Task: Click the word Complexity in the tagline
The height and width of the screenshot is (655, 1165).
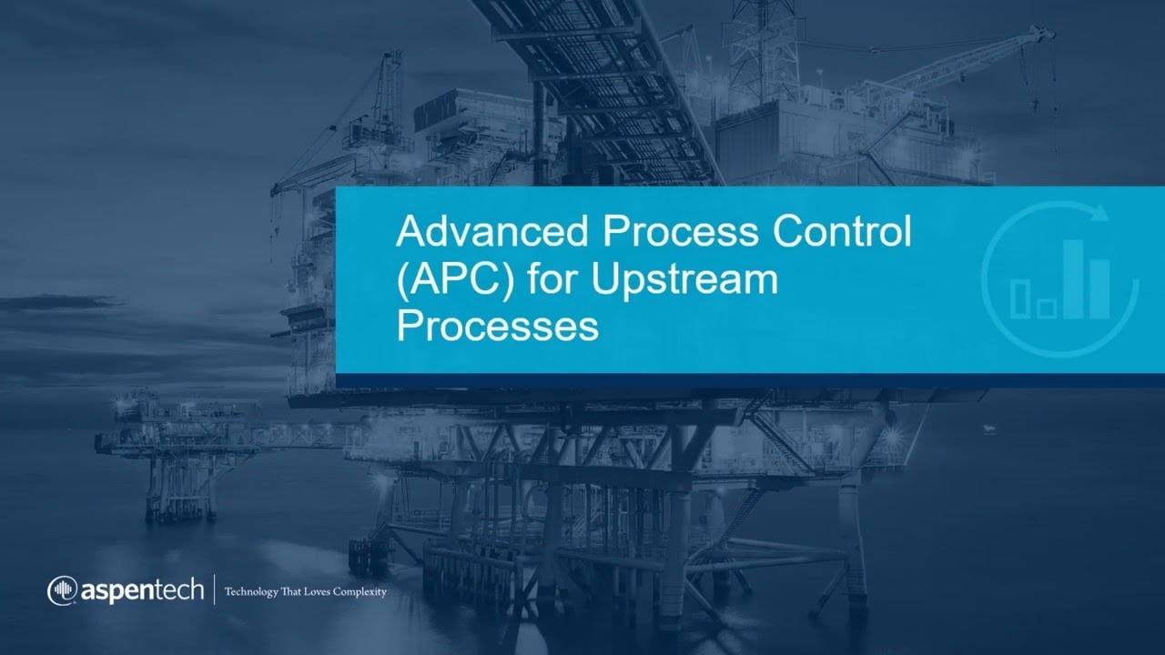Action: click(357, 592)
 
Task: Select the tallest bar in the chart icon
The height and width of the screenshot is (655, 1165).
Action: click(1075, 278)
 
